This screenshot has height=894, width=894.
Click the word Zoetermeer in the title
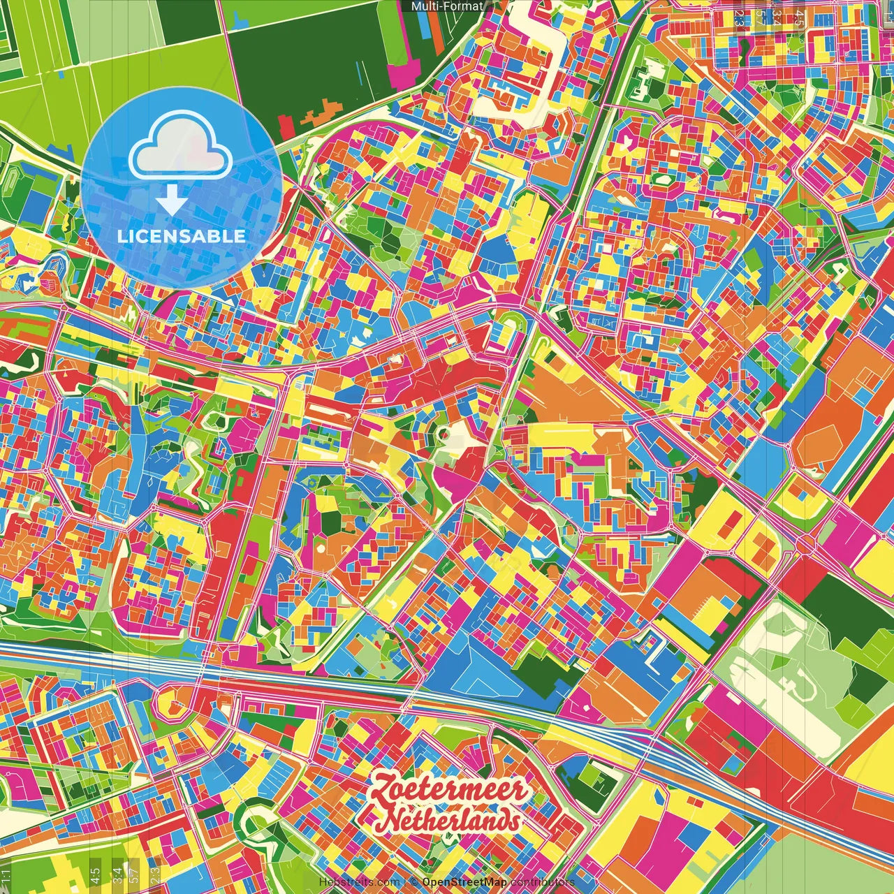449,791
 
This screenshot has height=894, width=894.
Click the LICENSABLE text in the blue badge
182,236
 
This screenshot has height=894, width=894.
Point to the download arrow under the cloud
171,200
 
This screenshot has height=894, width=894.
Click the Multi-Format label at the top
447,6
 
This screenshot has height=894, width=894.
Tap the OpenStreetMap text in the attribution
464,882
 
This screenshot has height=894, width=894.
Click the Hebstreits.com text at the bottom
360,882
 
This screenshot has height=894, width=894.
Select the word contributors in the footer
543,882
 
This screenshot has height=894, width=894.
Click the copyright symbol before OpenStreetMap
413,882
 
